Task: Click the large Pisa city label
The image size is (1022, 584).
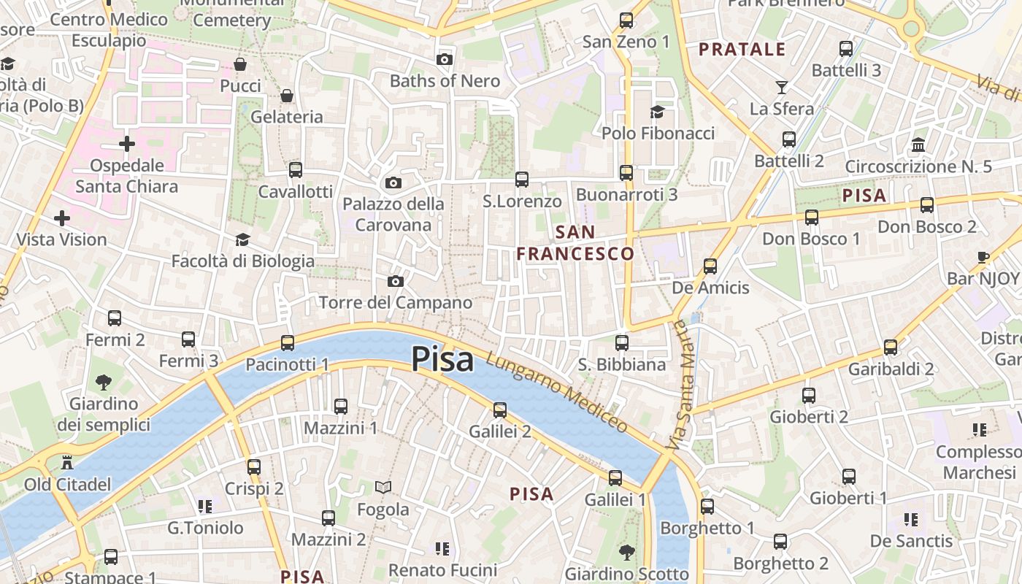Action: point(442,359)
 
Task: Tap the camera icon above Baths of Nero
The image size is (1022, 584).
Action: point(444,59)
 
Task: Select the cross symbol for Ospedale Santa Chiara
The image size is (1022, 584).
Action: point(127,143)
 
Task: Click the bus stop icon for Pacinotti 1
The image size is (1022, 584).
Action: point(288,342)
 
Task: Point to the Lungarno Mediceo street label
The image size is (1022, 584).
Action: point(556,393)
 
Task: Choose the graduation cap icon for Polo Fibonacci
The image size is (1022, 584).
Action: point(658,112)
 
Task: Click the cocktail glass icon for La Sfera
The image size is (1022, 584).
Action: point(782,87)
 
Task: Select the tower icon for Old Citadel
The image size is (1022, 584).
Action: point(67,462)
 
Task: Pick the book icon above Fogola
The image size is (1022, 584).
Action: point(383,487)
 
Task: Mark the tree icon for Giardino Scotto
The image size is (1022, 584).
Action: point(626,551)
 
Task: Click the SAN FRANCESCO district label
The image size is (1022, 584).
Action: point(576,243)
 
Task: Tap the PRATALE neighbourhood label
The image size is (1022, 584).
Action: point(742,50)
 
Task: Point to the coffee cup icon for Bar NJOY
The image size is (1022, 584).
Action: point(983,257)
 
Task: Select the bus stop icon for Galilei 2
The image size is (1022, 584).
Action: point(500,410)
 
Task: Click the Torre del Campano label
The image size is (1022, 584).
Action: point(396,302)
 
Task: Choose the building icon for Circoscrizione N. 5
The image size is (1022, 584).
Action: point(918,145)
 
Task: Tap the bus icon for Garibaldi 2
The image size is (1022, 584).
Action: point(891,347)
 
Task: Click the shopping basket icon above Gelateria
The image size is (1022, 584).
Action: point(287,96)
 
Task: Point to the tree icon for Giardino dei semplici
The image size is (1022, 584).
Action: point(104,382)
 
